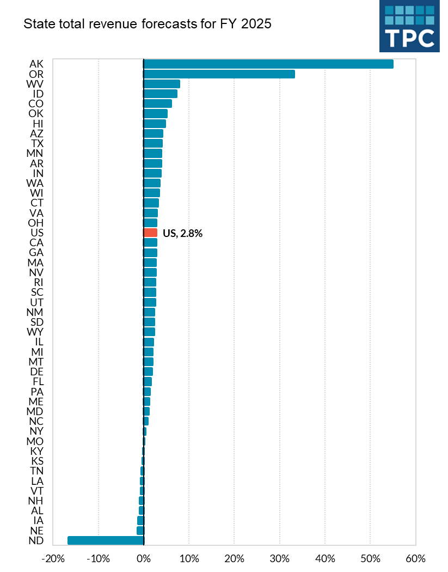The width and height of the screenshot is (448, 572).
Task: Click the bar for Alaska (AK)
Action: point(268,64)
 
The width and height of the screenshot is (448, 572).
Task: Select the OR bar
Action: point(219,74)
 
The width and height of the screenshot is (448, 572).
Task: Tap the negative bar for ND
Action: point(106,540)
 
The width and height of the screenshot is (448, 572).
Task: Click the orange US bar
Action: point(150,233)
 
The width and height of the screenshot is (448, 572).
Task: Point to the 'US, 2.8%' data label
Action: point(182,233)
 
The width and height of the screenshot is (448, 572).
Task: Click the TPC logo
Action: point(409,26)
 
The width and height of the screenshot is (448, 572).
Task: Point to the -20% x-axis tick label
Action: point(52,559)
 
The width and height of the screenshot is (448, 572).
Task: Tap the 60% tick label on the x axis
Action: point(415,559)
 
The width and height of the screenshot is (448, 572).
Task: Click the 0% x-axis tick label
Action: point(143,559)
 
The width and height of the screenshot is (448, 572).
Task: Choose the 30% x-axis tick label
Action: point(279,559)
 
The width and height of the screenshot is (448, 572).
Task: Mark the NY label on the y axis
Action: point(36,431)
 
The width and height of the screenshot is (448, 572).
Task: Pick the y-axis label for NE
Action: point(36,530)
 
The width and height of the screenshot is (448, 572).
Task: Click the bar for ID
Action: point(160,94)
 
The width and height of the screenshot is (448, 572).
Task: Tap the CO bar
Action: point(157,104)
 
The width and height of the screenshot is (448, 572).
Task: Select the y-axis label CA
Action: point(36,242)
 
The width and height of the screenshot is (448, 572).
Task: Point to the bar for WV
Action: point(162,84)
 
